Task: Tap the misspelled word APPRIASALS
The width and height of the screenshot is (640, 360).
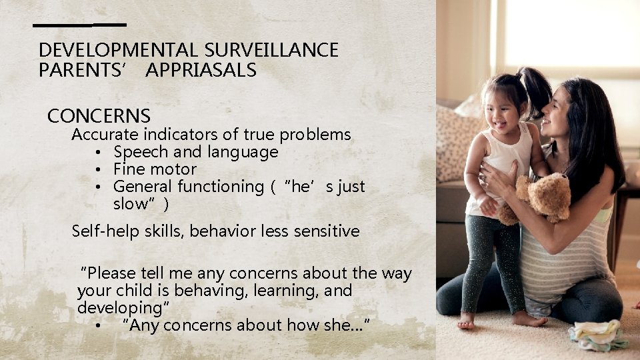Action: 200,70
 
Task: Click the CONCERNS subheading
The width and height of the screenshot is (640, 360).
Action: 99,116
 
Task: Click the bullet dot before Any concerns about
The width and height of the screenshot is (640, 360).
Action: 98,326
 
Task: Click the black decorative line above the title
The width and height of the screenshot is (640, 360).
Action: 80,25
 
